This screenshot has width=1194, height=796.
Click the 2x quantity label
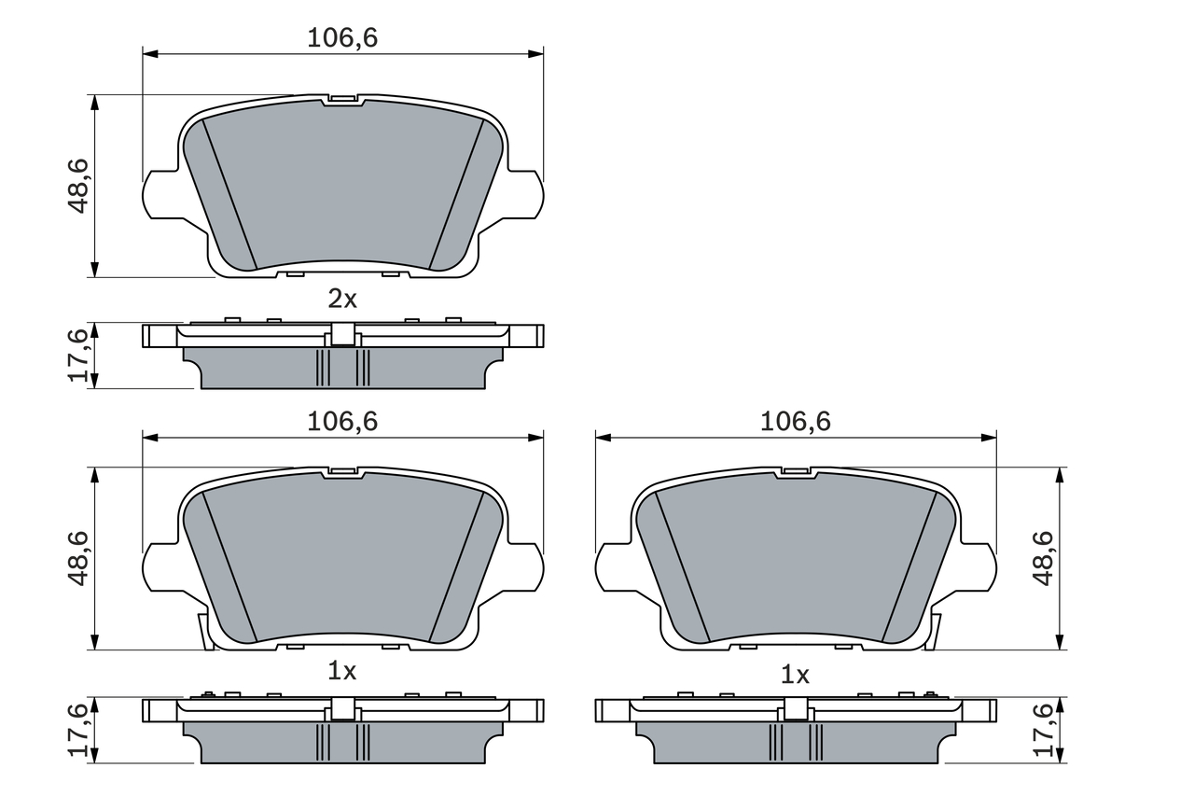pyautogui.click(x=342, y=299)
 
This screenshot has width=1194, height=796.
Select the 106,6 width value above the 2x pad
pyautogui.click(x=342, y=37)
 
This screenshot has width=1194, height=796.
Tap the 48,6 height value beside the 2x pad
pyautogui.click(x=78, y=186)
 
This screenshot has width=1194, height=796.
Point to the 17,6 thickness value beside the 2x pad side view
pyautogui.click(x=78, y=355)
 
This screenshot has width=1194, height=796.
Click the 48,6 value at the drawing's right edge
pyautogui.click(x=1043, y=557)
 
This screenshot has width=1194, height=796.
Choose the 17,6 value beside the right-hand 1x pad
pyautogui.click(x=1043, y=729)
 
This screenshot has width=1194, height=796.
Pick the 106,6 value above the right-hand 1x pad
pyautogui.click(x=795, y=422)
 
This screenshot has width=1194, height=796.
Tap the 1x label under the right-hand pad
pyautogui.click(x=795, y=674)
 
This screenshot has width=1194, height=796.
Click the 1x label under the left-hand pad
pyautogui.click(x=342, y=670)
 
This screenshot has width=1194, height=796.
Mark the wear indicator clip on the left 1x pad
pyautogui.click(x=202, y=631)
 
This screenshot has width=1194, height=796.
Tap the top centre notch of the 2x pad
pyautogui.click(x=342, y=99)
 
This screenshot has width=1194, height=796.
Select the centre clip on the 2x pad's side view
pyautogui.click(x=342, y=334)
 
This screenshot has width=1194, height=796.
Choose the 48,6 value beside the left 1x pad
pyautogui.click(x=78, y=558)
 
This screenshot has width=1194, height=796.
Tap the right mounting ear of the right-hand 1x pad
pyautogui.click(x=979, y=568)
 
